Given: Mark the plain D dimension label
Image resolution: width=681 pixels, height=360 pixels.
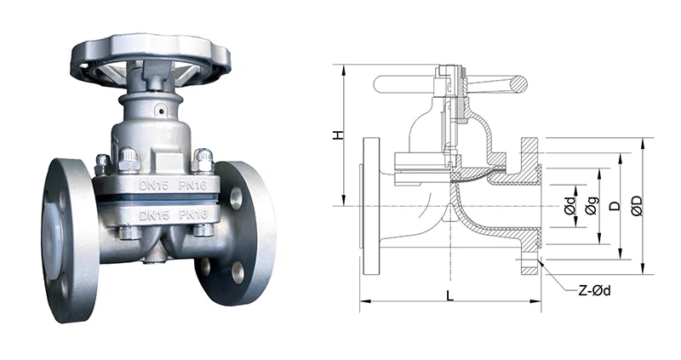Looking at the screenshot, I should pos(613,205).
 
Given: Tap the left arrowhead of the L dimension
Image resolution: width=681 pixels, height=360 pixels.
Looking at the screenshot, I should pos(363,301).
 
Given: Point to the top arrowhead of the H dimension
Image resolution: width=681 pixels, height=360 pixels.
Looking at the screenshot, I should pos(341,67).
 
